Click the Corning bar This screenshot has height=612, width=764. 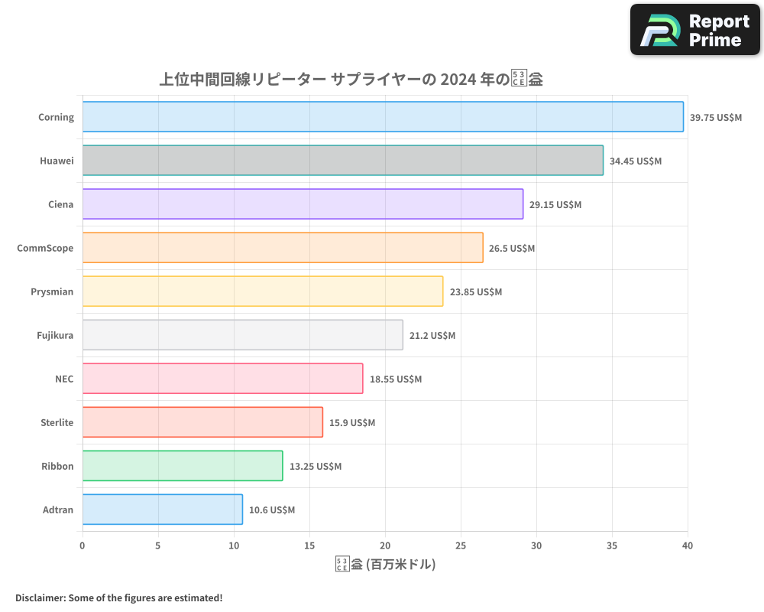click(x=382, y=117)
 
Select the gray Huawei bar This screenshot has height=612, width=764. click(x=342, y=161)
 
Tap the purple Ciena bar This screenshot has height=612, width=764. click(x=303, y=204)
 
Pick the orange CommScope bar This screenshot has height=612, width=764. click(x=283, y=248)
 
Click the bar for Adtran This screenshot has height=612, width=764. click(x=162, y=509)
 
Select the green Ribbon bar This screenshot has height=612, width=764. click(x=182, y=466)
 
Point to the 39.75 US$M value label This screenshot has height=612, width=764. click(x=715, y=118)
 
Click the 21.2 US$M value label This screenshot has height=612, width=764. click(x=432, y=336)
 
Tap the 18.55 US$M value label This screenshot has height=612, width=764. click(x=395, y=379)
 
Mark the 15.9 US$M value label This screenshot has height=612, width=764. click(x=352, y=423)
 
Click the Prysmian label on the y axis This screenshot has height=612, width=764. click(x=52, y=291)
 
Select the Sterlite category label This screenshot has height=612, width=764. click(x=57, y=422)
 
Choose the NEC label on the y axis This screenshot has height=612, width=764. click(x=64, y=379)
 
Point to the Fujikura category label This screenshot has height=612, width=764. click(x=55, y=335)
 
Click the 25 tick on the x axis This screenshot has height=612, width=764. click(x=461, y=545)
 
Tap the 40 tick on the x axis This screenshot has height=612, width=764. click(x=688, y=545)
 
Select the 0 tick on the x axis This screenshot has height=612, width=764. click(x=83, y=545)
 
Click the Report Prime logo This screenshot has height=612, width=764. click(x=694, y=30)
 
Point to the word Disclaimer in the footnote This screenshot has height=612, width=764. click(x=40, y=597)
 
